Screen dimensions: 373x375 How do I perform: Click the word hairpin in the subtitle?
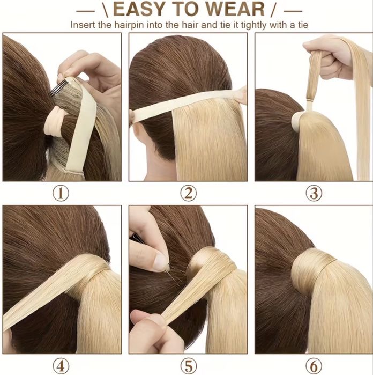point(130,25)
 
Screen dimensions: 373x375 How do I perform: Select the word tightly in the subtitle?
point(253,25)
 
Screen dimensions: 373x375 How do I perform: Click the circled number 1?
point(61,194)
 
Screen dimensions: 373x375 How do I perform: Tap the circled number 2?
point(188,194)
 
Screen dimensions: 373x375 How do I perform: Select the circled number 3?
point(314,194)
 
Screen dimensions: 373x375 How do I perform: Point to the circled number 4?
point(61,366)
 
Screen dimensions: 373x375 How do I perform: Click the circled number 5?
point(188,366)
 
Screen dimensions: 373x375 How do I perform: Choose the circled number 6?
point(314,366)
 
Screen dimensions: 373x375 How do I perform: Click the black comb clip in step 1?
point(57,88)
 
